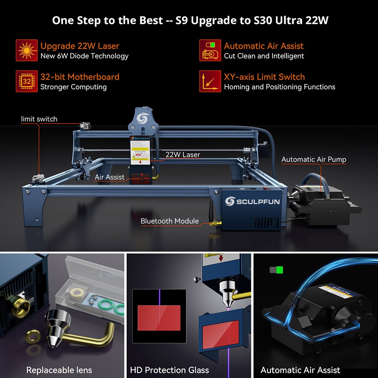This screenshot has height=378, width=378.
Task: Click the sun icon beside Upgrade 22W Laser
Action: tap(26, 50)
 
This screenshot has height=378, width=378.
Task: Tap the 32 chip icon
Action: tap(26, 81)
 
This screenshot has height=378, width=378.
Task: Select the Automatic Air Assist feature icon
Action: tap(210, 50)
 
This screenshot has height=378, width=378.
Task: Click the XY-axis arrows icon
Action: tap(210, 81)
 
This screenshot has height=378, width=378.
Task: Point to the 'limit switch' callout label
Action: tap(39, 119)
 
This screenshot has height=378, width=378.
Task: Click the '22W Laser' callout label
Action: tap(183, 154)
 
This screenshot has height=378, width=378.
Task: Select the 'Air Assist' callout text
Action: tap(109, 177)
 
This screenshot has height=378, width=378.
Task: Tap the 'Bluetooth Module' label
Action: tap(169, 221)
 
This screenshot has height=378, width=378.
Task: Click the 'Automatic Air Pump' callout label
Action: tap(314, 159)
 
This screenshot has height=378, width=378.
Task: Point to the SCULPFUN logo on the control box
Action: tap(252, 201)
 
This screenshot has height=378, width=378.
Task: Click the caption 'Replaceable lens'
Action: tap(59, 370)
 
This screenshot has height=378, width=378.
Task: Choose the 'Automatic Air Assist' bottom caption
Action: tap(301, 370)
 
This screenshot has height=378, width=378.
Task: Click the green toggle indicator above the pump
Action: tap(280, 270)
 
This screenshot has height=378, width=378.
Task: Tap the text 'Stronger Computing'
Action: tap(73, 87)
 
